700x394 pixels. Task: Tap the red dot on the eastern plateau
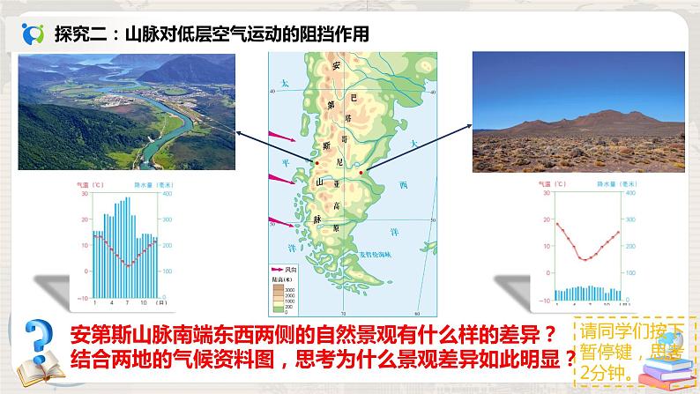pyautogui.click(x=363, y=170)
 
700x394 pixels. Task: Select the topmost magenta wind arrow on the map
pyautogui.click(x=284, y=137)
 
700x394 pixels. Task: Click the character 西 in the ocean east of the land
pyautogui.click(x=404, y=185)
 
